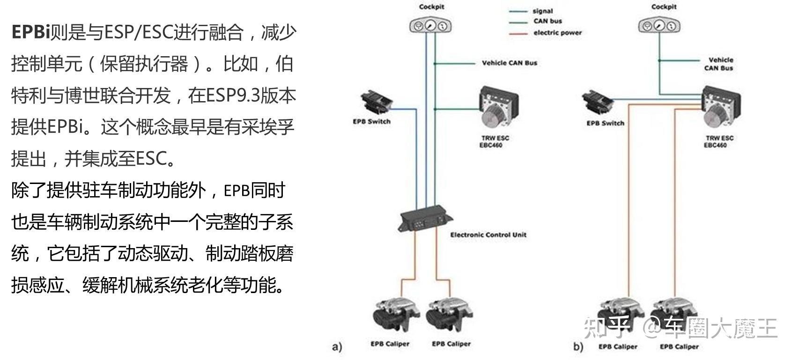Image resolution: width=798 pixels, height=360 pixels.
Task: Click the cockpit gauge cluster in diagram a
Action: pos(430,26)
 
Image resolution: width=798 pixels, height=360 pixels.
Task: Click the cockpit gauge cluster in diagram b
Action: pos(659,25)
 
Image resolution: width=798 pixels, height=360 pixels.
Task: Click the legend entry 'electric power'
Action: pos(557,33)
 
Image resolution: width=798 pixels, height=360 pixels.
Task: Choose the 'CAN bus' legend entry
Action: pos(547,21)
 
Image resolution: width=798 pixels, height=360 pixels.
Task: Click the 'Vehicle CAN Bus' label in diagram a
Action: pos(510,63)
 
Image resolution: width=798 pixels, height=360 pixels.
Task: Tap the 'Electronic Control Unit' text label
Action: pos(488,235)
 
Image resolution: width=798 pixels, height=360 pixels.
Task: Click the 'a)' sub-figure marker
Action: pos(337,347)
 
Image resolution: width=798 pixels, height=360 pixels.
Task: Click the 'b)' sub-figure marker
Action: pos(578,347)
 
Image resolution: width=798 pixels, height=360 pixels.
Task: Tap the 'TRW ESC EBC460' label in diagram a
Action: pos(495,141)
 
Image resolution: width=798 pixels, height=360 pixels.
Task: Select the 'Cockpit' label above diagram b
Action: pos(664,7)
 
